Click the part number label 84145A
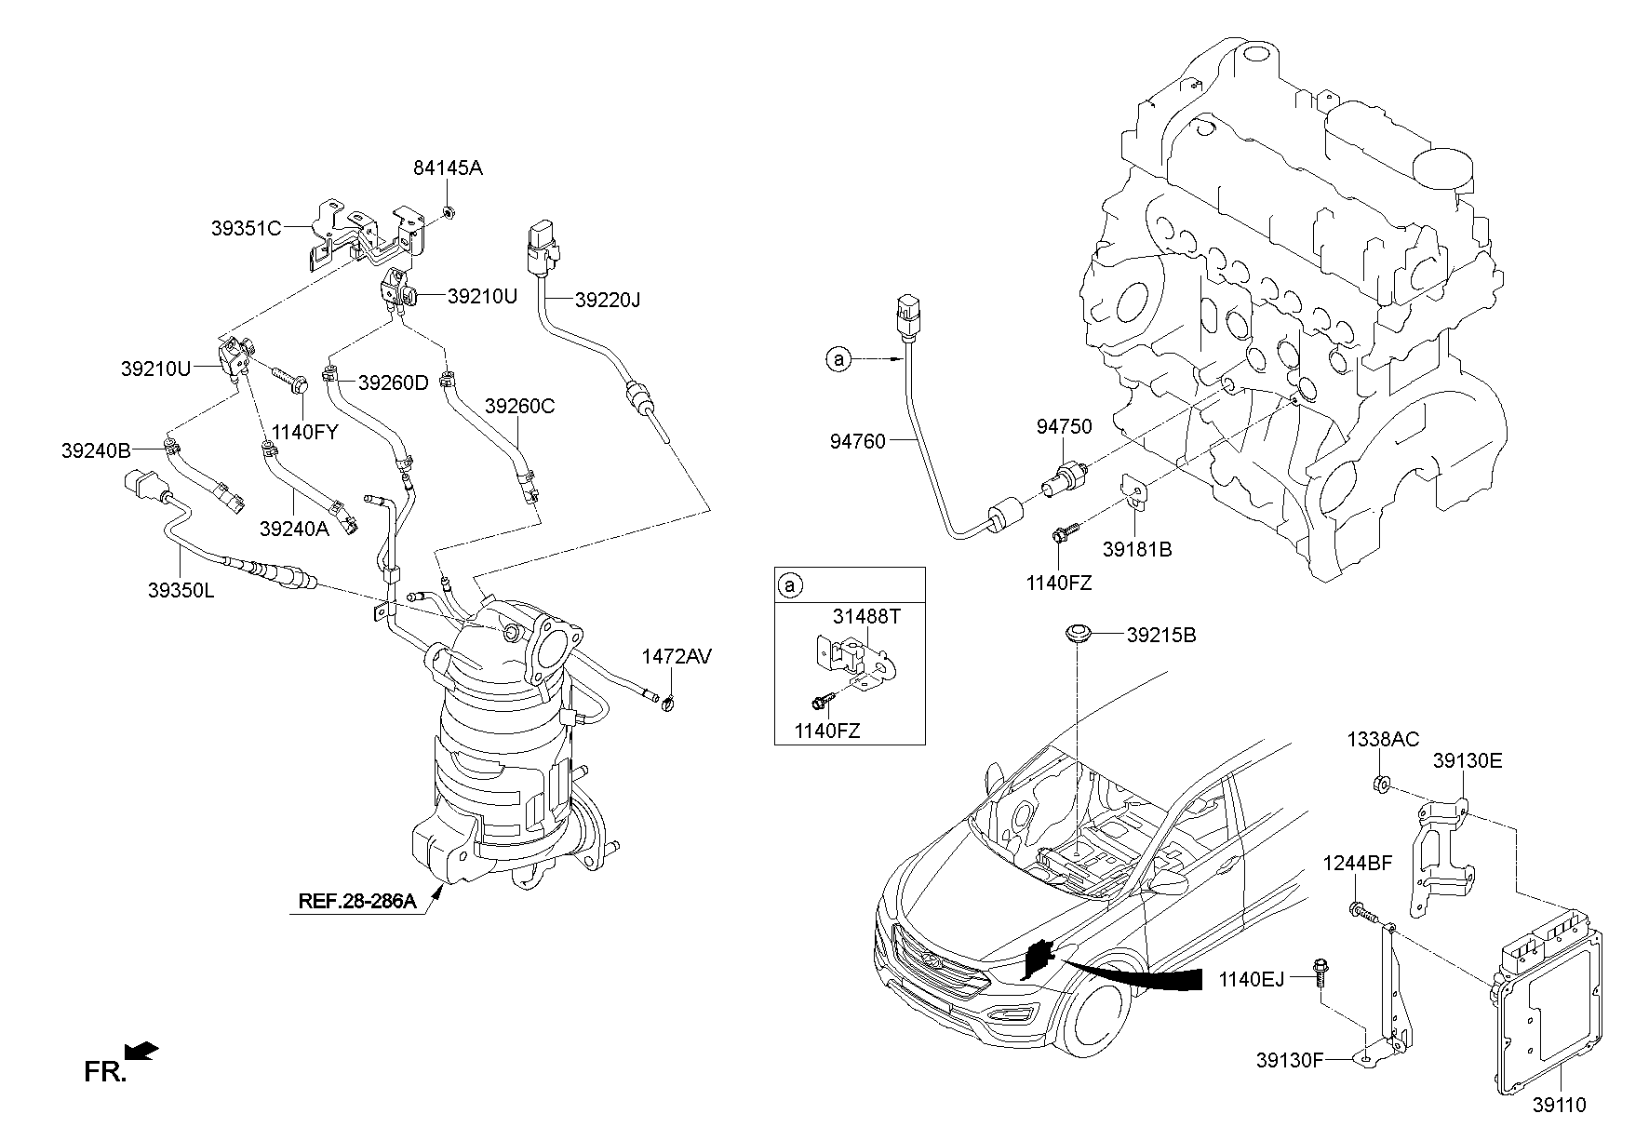(449, 168)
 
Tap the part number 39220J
(608, 300)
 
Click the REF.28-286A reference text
(356, 901)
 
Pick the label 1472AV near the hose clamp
(677, 657)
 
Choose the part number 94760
(857, 441)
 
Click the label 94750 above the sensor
(1065, 427)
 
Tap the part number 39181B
(1137, 549)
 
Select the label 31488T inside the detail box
(866, 616)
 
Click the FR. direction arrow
(141, 1052)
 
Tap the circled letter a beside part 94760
(838, 358)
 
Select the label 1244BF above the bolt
(1358, 863)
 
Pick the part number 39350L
(181, 589)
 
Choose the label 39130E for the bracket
(1468, 760)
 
